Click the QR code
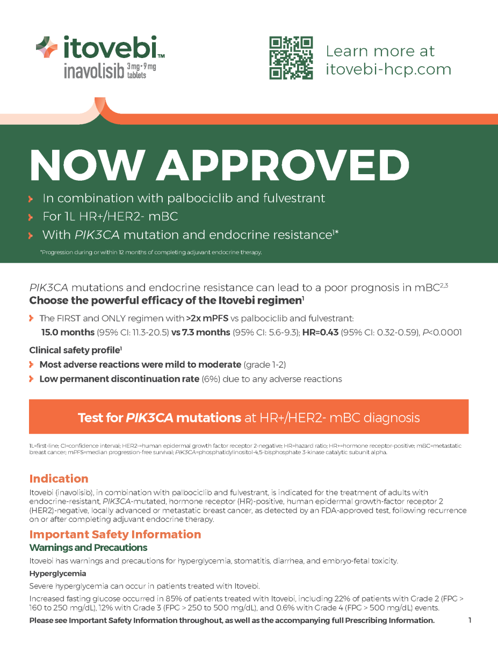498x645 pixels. coord(291,58)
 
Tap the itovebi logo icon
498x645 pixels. coord(46,47)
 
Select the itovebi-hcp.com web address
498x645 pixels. coord(388,69)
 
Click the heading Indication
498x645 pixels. coord(59,478)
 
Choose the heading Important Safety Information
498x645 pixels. coord(115,534)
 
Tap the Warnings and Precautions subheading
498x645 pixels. coord(88,548)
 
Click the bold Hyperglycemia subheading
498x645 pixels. coord(57,574)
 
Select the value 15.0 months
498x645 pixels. coord(67,332)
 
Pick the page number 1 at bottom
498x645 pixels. coord(470,620)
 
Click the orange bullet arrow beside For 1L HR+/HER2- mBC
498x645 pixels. coord(32,218)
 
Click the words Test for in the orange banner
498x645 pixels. coord(100,418)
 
